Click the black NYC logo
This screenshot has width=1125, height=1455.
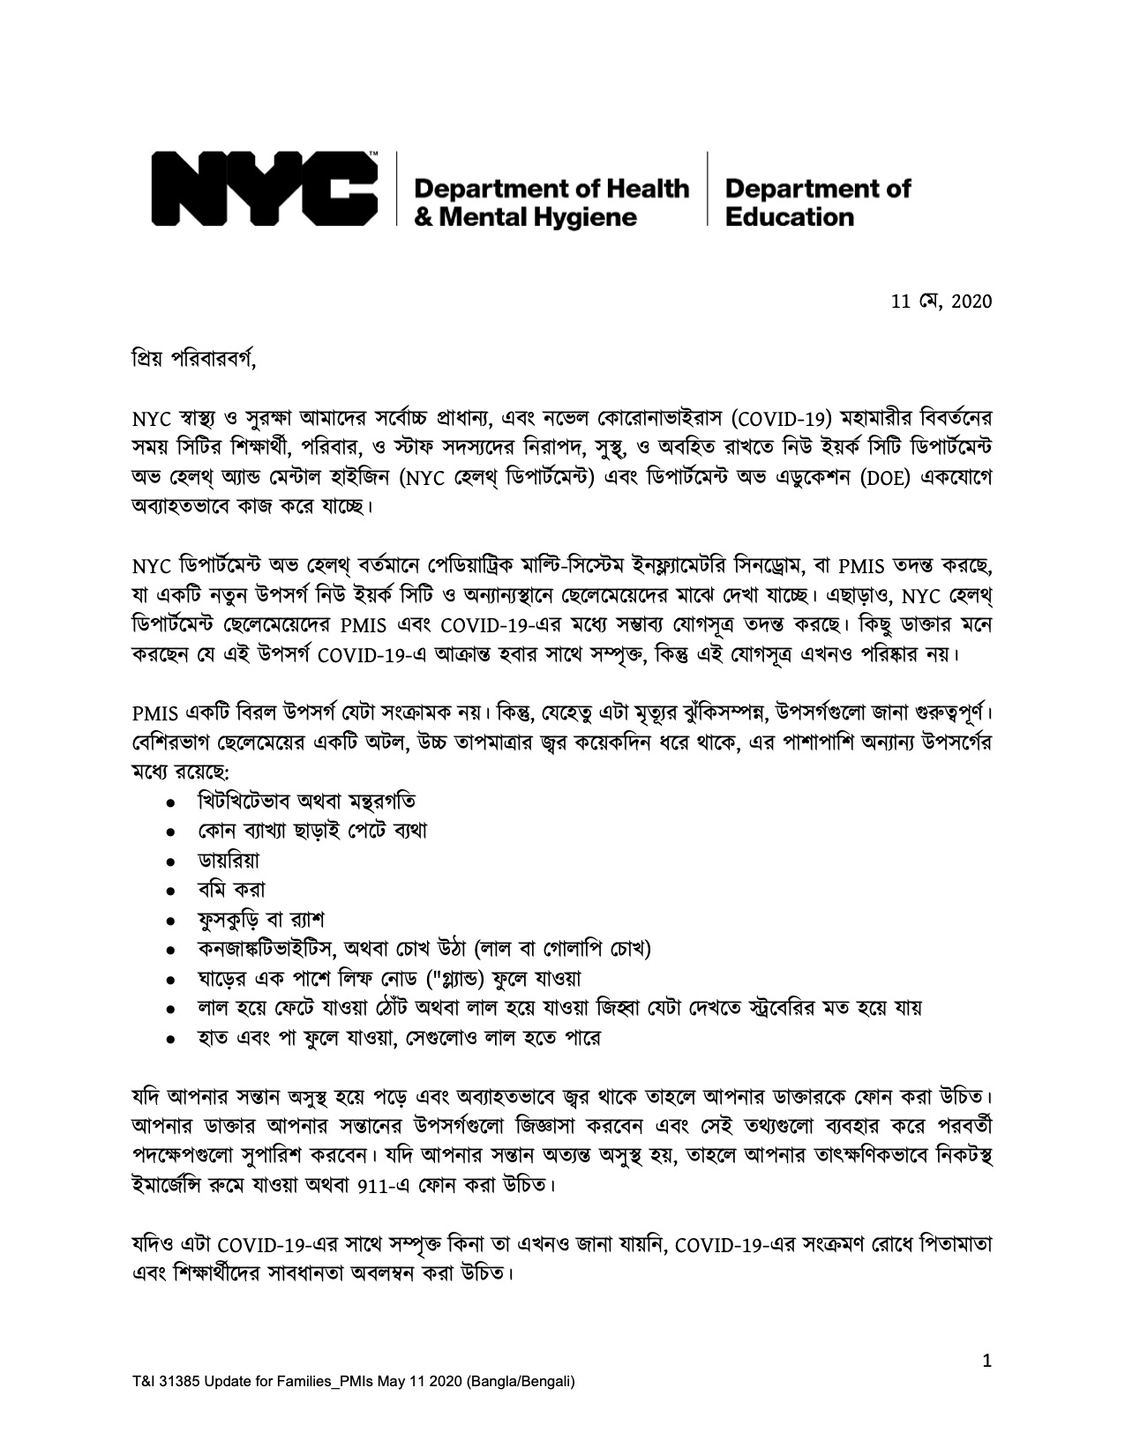[x=266, y=188]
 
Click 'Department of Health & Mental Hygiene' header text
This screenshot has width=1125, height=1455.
[x=551, y=202]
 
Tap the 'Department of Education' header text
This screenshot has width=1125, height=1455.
[x=817, y=202]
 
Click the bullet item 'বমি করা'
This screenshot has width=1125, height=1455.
[x=232, y=889]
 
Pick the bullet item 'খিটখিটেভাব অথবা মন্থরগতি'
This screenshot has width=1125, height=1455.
[x=307, y=801]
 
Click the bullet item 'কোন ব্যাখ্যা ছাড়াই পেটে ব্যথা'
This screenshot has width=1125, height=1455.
[x=313, y=831]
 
